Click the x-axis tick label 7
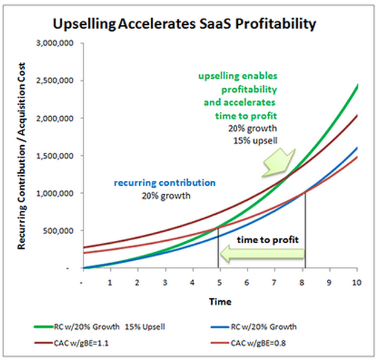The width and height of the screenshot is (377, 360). point(274,283)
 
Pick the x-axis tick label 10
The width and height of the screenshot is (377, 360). point(356,283)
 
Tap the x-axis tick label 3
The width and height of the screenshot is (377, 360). point(165,283)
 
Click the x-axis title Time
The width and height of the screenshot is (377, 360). point(220,301)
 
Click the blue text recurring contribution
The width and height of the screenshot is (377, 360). point(165,182)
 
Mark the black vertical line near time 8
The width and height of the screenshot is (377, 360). point(305,230)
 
